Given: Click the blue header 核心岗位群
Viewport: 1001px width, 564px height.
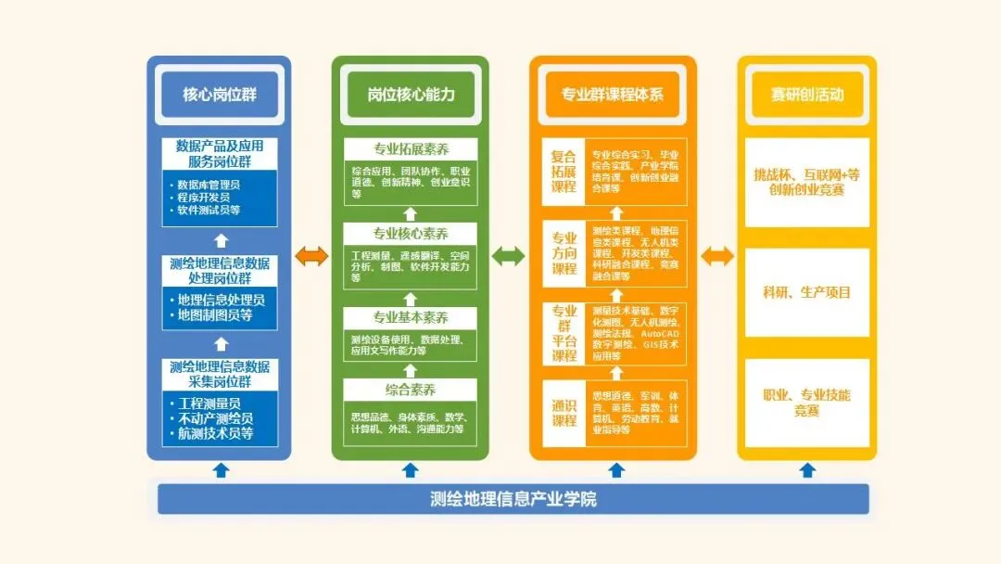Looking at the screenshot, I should coord(219,95).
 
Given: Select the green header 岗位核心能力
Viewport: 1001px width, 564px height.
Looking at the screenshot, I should coord(411,95).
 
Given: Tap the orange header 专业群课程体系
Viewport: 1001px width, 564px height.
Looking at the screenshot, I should coord(613,95).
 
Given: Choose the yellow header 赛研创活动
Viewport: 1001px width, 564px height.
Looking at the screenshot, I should coord(807,95).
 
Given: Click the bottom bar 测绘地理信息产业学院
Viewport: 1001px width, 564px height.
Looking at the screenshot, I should coord(513,499).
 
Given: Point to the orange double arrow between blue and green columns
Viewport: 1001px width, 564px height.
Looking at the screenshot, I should coord(311,256).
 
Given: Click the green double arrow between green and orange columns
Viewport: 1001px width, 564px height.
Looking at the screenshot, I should coord(508,256).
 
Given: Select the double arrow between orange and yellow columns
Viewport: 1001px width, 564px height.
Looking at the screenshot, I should coord(716,256).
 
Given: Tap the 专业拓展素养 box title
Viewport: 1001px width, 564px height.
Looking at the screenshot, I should coord(411,149).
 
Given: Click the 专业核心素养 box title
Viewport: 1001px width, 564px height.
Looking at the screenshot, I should coord(411,233).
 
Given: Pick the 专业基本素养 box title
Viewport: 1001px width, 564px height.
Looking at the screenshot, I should coord(411,318).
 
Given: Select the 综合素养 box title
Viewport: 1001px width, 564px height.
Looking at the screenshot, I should coord(411,390).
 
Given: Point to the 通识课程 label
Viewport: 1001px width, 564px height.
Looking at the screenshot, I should coord(564,413).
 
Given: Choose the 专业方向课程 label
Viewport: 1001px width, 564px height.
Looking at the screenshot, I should coord(564,252).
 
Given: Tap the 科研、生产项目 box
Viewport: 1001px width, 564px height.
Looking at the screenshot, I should coord(807,292).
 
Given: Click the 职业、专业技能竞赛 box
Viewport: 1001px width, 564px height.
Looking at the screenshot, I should coord(807,403).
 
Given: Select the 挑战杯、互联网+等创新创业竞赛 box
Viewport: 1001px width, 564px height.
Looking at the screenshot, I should coord(807,182).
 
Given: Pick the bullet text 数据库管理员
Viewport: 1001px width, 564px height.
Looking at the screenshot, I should coord(209,185).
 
